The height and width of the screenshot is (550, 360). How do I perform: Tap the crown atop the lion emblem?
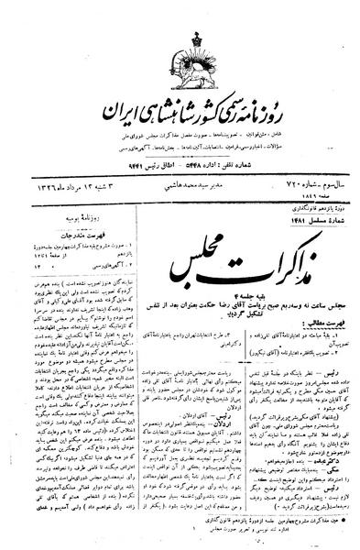pos(180,14)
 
